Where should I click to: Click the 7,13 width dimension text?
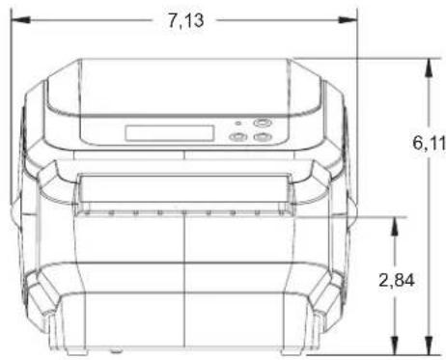click(186, 21)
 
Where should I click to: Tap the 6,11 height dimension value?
click(430, 143)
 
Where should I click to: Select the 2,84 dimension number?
click(397, 280)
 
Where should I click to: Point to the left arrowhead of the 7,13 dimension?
click(20, 20)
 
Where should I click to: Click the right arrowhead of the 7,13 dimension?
click(348, 20)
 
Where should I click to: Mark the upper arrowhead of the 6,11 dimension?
click(429, 68)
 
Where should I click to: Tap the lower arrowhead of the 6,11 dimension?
click(429, 346)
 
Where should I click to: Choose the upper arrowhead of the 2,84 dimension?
click(395, 227)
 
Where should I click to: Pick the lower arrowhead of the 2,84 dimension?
click(395, 346)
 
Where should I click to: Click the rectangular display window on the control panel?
click(170, 133)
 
